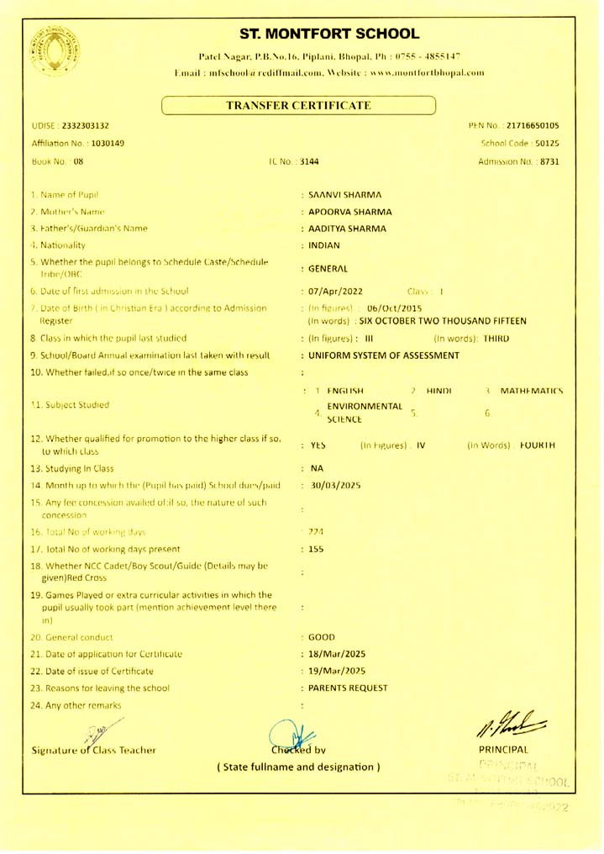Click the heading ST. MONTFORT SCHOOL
(329, 34)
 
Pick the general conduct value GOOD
(323, 636)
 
